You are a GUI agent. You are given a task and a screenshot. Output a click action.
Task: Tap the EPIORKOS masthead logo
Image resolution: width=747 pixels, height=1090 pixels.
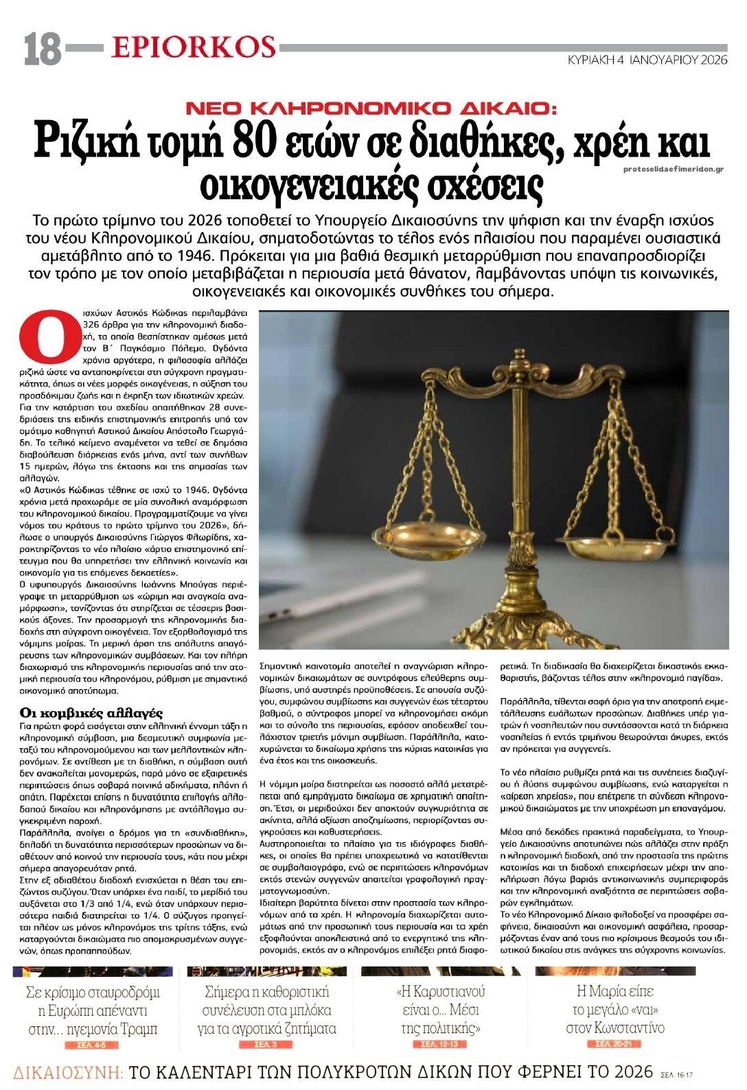pyautogui.click(x=193, y=47)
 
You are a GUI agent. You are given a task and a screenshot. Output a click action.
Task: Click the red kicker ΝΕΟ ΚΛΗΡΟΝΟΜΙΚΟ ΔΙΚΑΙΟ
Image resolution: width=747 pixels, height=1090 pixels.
pyautogui.click(x=373, y=108)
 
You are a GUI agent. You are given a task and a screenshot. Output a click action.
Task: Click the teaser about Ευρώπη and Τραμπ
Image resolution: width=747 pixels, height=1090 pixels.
pyautogui.click(x=93, y=1010)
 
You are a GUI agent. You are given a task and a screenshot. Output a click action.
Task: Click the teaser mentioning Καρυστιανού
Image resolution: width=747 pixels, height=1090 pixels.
pyautogui.click(x=440, y=1010)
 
